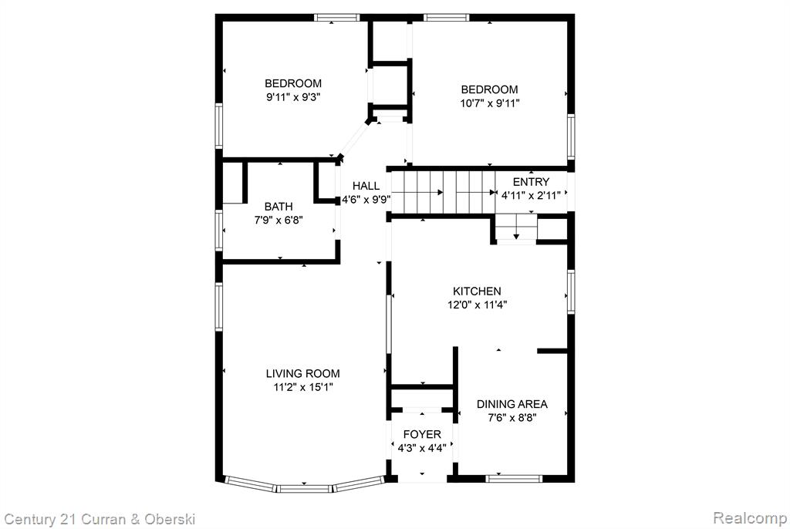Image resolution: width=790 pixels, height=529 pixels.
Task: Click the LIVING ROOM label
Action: point(302,373)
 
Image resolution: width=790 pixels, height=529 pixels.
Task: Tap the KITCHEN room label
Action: point(477,291)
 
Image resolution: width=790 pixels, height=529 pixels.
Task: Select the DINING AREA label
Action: point(512,403)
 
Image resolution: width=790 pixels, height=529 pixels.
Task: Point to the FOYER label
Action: point(422,434)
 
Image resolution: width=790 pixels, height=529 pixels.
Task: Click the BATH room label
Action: point(279,206)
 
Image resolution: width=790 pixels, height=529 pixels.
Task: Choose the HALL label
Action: point(366,185)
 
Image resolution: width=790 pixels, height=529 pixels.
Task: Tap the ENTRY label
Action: point(531,182)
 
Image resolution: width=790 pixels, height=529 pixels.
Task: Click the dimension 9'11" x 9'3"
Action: point(293,96)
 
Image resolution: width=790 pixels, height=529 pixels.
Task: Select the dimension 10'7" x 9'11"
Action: point(489,103)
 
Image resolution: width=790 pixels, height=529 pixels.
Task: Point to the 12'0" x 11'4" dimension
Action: point(477,305)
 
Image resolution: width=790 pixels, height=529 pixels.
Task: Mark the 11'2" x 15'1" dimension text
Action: point(302,387)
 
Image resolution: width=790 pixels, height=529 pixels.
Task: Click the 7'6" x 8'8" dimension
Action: point(512,417)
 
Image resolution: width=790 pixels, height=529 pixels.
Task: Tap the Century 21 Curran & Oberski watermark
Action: point(100,519)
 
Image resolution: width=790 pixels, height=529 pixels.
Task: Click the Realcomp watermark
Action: point(750,518)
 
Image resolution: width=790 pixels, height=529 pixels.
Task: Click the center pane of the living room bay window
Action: point(304,487)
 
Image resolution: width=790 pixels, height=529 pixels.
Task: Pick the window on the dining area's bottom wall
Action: point(513,478)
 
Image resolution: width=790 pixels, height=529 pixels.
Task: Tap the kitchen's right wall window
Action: point(571,291)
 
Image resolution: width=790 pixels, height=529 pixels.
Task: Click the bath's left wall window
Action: point(218,231)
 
